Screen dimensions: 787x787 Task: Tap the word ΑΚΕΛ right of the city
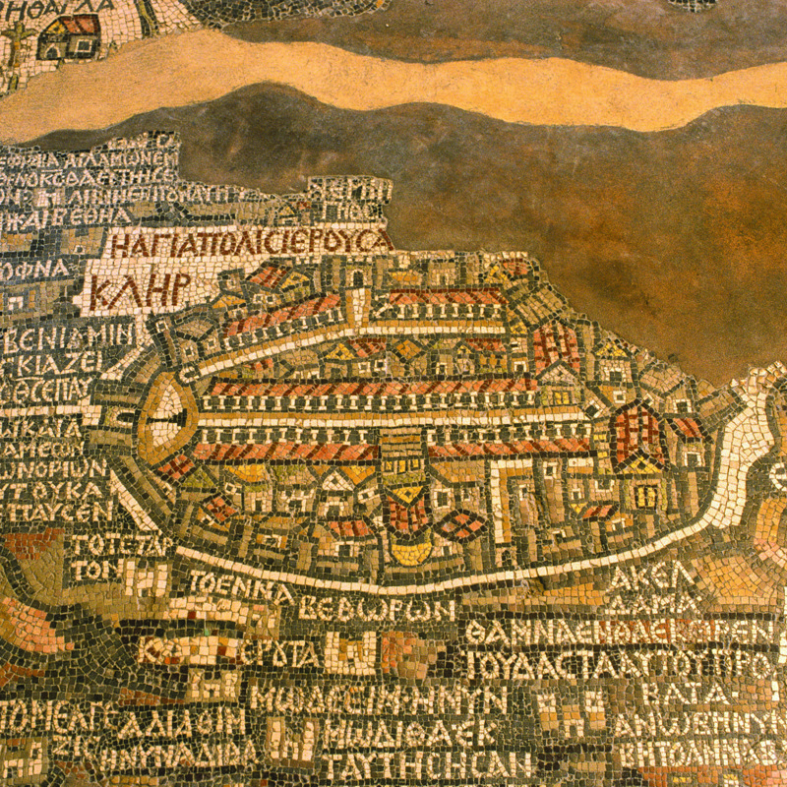pyautogui.click(x=640, y=576)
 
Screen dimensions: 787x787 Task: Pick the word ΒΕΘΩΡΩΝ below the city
pyautogui.click(x=378, y=607)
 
